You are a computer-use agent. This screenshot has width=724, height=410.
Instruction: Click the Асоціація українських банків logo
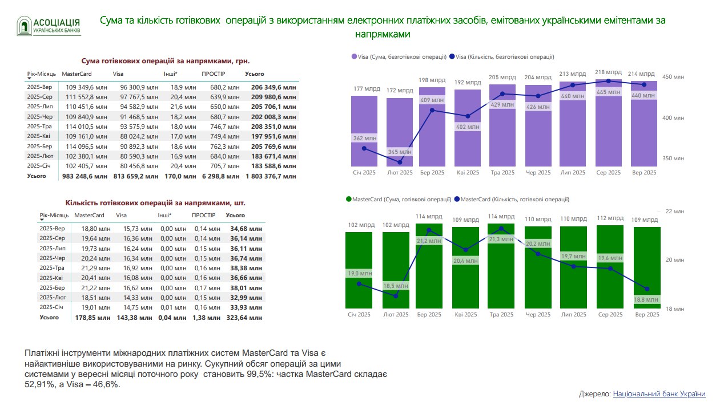click(x=49, y=26)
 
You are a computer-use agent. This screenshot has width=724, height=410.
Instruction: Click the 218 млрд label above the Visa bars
click(x=608, y=72)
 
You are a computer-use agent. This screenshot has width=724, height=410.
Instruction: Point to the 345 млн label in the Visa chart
click(x=400, y=152)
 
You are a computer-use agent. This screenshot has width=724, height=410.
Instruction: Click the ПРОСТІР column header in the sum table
click(x=214, y=74)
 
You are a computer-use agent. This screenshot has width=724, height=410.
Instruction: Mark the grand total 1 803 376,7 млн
click(x=271, y=177)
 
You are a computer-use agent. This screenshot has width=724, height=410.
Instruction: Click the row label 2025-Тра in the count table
click(x=52, y=267)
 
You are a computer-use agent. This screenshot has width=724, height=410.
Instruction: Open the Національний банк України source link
click(x=659, y=394)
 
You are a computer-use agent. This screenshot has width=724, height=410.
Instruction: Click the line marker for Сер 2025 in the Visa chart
click(x=609, y=81)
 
